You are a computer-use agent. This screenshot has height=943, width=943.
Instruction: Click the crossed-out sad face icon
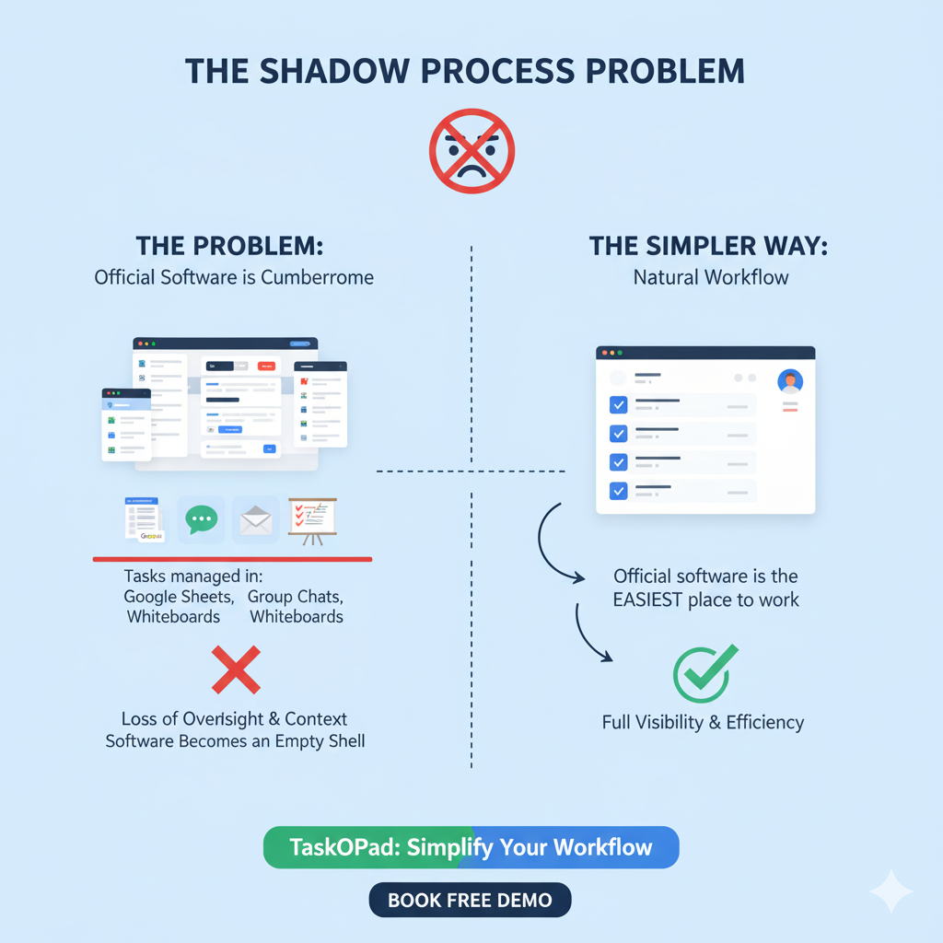471,151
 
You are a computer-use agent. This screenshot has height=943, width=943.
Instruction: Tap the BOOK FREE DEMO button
470,900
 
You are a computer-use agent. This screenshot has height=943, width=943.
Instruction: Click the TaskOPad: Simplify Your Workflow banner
471,847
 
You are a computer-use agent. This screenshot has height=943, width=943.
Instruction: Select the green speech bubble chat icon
201,519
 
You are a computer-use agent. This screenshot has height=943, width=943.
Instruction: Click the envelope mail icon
255,521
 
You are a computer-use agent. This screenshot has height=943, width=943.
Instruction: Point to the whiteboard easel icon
312,520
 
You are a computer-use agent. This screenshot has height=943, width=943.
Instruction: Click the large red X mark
236,669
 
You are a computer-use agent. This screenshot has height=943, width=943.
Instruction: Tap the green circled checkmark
704,673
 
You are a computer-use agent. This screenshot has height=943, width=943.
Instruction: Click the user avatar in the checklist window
790,380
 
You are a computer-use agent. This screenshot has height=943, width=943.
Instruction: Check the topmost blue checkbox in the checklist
619,404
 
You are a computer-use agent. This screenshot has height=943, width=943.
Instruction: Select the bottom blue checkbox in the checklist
619,491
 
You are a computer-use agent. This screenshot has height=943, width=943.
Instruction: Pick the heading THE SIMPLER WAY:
709,246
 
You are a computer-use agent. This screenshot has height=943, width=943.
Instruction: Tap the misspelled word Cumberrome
318,276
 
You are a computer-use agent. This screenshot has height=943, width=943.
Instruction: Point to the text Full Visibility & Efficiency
703,722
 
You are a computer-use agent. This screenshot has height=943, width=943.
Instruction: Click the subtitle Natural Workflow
711,276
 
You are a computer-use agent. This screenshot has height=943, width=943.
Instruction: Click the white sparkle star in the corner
891,891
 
